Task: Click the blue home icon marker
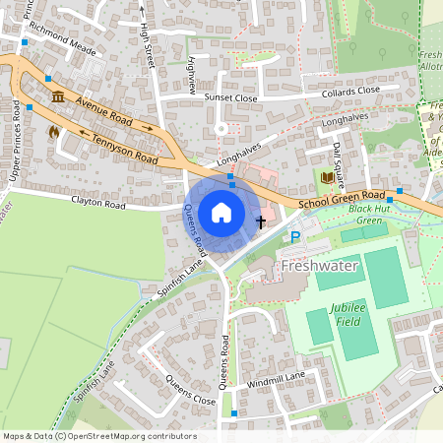click(221, 213)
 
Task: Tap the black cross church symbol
click(261, 221)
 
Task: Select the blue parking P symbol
click(294, 237)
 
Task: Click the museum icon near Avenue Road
click(58, 95)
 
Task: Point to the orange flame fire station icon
click(53, 129)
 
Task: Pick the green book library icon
click(327, 177)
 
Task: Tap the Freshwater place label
click(317, 266)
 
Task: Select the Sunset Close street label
click(229, 98)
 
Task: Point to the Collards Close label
click(348, 91)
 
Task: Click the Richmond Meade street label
click(62, 44)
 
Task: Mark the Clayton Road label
click(98, 205)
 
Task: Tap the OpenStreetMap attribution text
click(98, 436)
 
